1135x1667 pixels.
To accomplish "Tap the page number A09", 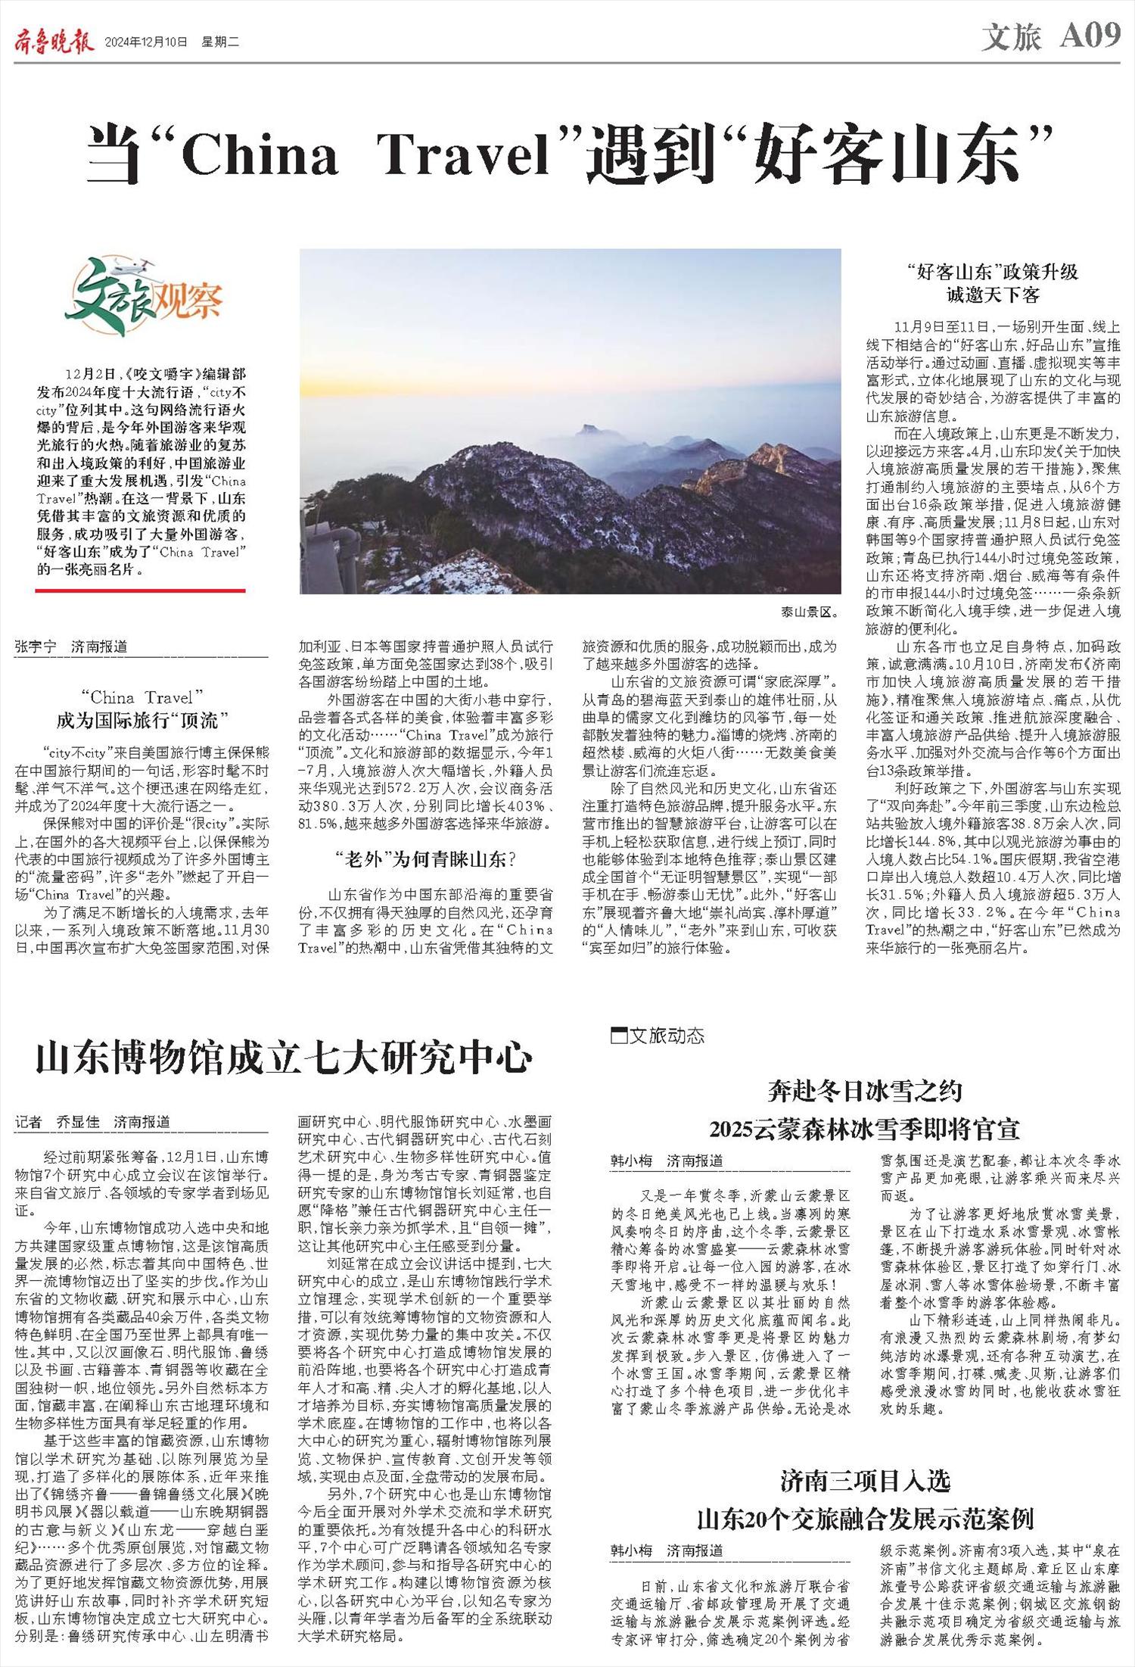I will (1090, 36).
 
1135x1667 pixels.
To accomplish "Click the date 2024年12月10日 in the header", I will (145, 42).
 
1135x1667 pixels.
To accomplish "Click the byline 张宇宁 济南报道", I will (71, 647).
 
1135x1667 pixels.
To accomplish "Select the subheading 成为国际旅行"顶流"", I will (142, 719).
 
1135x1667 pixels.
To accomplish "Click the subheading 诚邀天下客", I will (993, 294).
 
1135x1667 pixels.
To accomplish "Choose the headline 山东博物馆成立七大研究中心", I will (284, 1058).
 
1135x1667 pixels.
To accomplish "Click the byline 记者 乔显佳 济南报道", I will (92, 1122).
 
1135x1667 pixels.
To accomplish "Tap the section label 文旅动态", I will (658, 1036).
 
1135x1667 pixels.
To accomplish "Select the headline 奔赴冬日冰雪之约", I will (864, 1091).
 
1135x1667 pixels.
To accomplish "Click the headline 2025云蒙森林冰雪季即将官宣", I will (864, 1130).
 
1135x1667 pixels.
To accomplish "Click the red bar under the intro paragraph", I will (140, 590).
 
